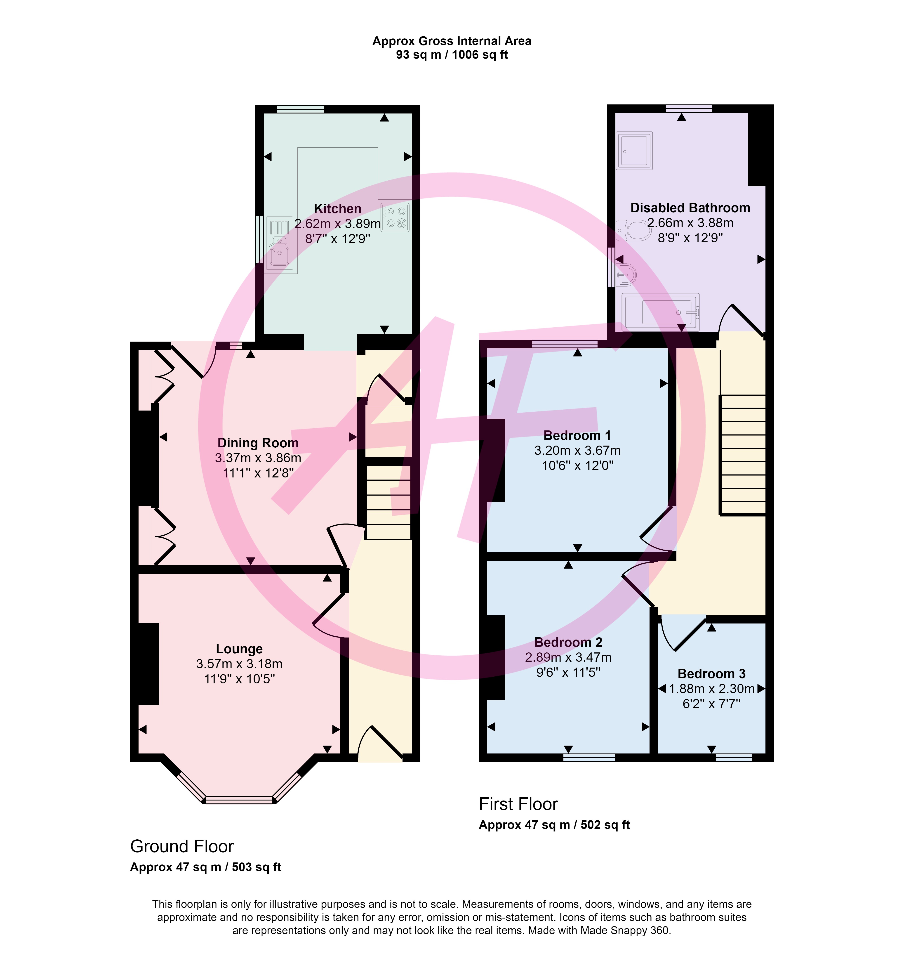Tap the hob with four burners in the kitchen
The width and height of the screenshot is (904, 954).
click(x=395, y=217)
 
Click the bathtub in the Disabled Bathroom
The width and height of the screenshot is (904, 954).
click(x=660, y=312)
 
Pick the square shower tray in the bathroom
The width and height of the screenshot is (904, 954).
click(x=634, y=151)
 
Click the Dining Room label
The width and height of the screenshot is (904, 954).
click(x=258, y=443)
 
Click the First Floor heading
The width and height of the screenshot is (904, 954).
click(x=518, y=804)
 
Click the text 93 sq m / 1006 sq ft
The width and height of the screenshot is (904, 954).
click(x=452, y=55)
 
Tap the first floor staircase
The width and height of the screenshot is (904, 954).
click(x=743, y=455)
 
